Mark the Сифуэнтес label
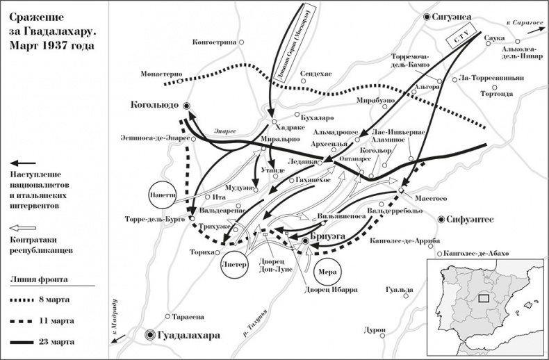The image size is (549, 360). [472, 219]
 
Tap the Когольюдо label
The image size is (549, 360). [154, 106]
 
